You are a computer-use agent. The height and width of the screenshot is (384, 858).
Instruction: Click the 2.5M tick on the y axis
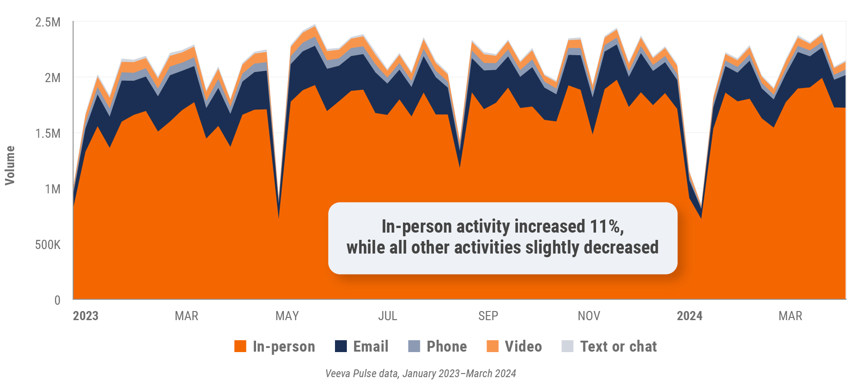click(x=47, y=22)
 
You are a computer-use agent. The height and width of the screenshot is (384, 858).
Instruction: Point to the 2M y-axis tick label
click(x=52, y=78)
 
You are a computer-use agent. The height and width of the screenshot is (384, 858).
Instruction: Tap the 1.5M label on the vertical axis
click(x=47, y=133)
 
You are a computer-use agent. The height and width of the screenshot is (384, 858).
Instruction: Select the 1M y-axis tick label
click(x=52, y=189)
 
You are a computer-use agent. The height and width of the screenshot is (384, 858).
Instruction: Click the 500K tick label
click(x=47, y=245)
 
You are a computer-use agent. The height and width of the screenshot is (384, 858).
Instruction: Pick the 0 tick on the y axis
click(x=57, y=300)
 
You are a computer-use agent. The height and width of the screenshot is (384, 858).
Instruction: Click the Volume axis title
click(x=10, y=165)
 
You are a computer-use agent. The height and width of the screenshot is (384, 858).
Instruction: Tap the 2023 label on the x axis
click(x=85, y=316)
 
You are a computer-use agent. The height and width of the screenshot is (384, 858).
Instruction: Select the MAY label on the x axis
click(x=287, y=316)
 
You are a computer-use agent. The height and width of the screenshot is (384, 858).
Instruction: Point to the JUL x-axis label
click(x=387, y=316)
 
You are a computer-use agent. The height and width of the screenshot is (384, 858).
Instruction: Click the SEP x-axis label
click(x=488, y=316)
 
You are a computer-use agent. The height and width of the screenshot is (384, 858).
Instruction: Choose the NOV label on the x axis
click(x=589, y=316)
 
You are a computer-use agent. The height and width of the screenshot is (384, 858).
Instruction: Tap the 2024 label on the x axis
click(x=689, y=316)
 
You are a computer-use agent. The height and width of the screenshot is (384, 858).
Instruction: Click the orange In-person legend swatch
click(x=240, y=346)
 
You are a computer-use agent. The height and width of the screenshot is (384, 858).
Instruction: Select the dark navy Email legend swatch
click(x=341, y=346)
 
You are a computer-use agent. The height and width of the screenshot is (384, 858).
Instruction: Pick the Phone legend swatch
click(x=414, y=346)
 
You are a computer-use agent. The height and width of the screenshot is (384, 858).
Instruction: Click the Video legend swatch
click(x=492, y=346)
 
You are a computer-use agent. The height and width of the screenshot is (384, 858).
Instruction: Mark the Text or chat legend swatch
click(x=567, y=346)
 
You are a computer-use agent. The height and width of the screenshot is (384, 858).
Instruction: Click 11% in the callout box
click(x=606, y=226)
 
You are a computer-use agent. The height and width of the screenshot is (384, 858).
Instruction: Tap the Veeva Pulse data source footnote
click(x=420, y=374)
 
